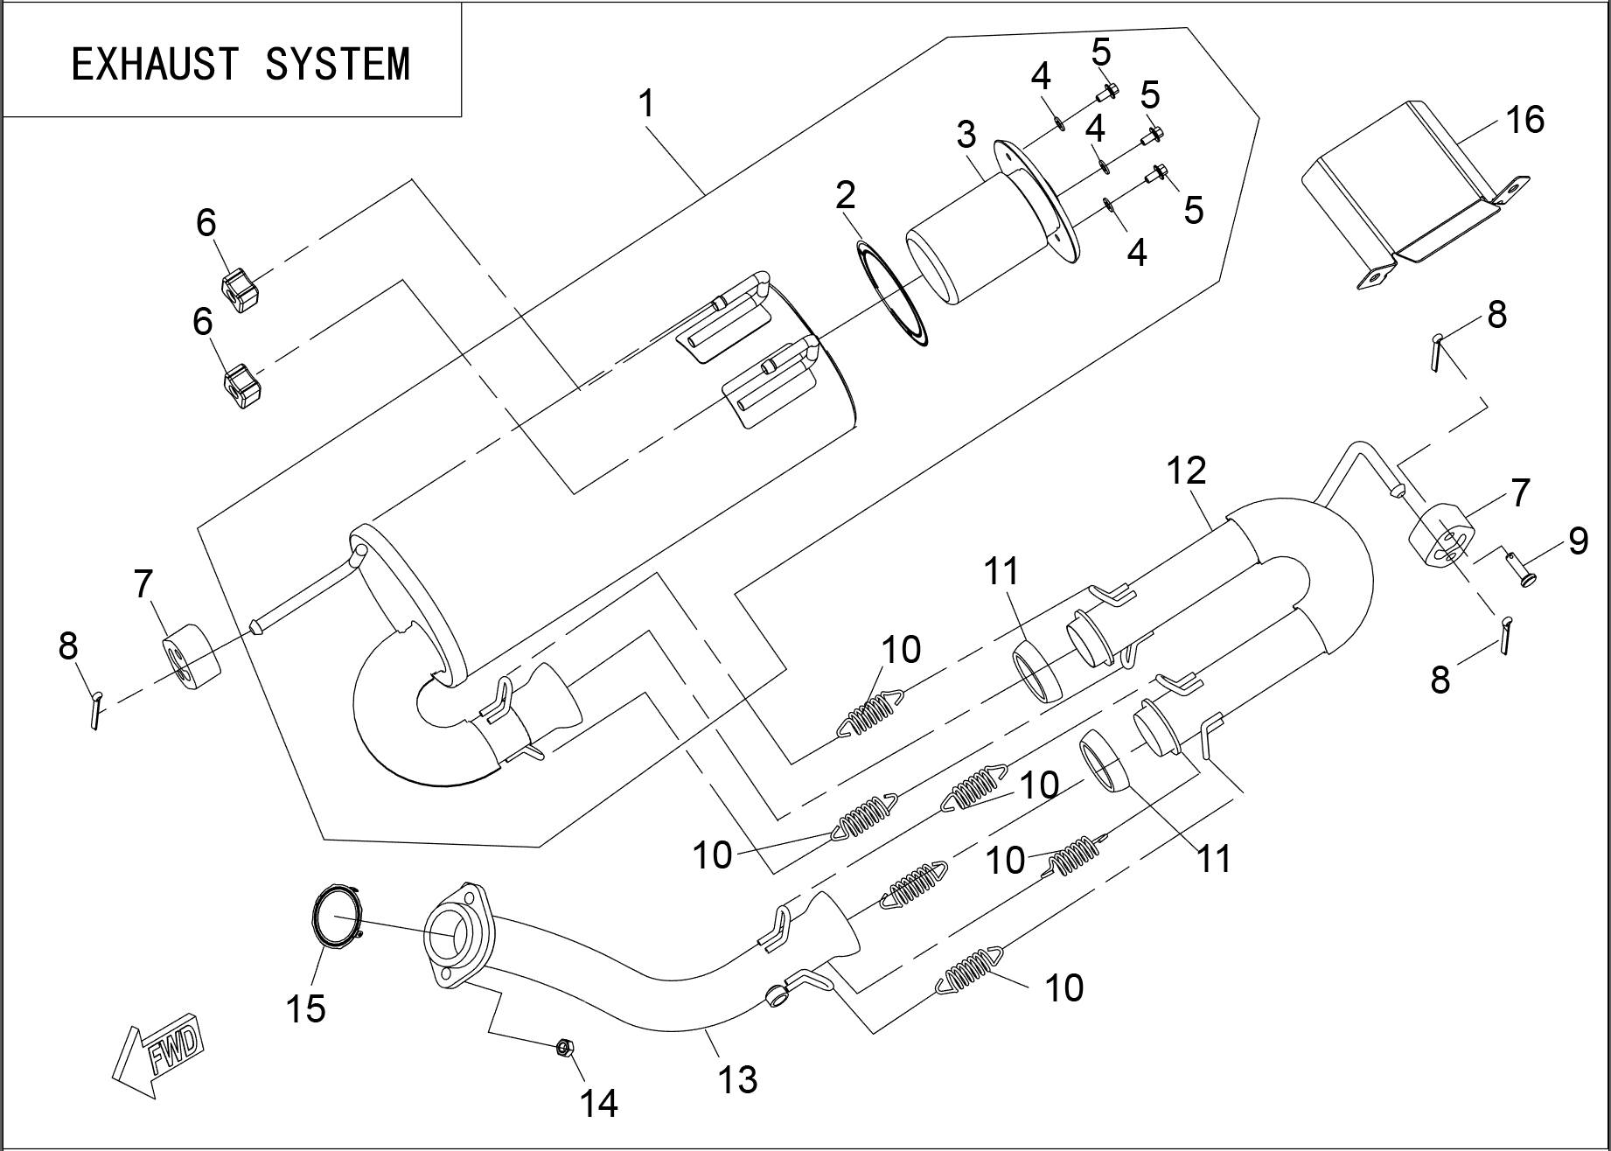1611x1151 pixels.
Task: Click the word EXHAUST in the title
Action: pyautogui.click(x=154, y=65)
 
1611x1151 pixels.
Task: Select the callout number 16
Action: pyautogui.click(x=1525, y=120)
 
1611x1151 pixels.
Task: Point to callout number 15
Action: pyautogui.click(x=306, y=1008)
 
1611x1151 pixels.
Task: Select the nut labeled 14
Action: pyautogui.click(x=563, y=1046)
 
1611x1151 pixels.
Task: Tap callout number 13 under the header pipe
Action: pyautogui.click(x=736, y=1079)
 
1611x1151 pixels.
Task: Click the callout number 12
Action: pyautogui.click(x=1186, y=471)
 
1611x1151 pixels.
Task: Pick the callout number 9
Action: pyautogui.click(x=1577, y=541)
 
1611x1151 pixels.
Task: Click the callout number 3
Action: pyautogui.click(x=966, y=135)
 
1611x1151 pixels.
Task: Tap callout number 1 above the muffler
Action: pyautogui.click(x=645, y=104)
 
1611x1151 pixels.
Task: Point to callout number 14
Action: pyautogui.click(x=599, y=1104)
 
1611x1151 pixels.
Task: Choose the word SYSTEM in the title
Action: pyautogui.click(x=338, y=65)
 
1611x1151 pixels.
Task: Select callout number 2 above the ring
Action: pyautogui.click(x=845, y=195)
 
